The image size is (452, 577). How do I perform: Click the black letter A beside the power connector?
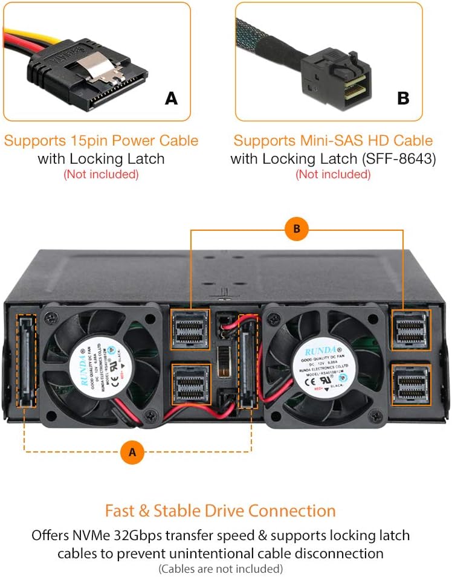[x=172, y=98]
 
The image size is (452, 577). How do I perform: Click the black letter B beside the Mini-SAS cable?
[x=403, y=98]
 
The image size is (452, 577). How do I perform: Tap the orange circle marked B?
[x=297, y=229]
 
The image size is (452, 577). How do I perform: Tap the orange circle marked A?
[x=132, y=451]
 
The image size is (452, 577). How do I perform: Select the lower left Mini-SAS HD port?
[x=190, y=385]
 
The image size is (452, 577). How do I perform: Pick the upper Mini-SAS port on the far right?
[x=412, y=330]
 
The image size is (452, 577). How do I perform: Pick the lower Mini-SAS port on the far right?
[x=412, y=384]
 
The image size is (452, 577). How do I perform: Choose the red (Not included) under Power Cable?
[x=101, y=174]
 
